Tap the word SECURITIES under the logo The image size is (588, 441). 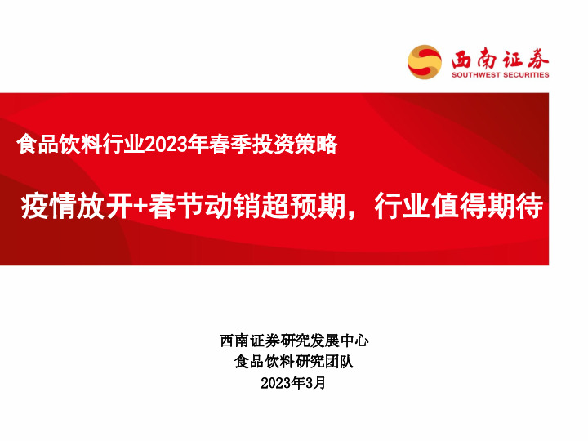pos(524,74)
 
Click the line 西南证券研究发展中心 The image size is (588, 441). pos(294,341)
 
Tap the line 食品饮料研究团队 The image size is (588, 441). pos(294,362)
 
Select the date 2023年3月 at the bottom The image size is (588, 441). pos(293,382)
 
